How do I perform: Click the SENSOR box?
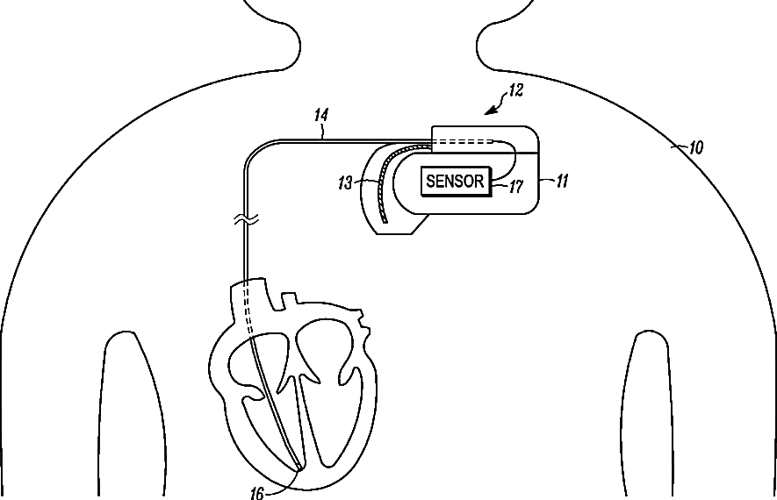455,182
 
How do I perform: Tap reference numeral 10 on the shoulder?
695,148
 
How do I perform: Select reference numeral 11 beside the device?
563,182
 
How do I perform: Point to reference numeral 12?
515,90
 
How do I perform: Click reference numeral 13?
345,182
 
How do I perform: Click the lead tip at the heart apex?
299,468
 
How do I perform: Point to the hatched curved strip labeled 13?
379,184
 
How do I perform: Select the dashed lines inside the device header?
465,141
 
